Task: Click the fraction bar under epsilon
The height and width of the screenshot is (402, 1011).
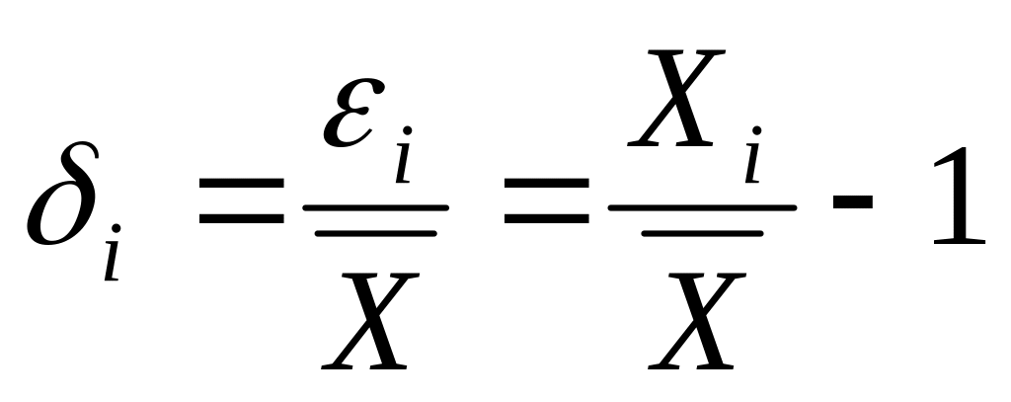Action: (375, 208)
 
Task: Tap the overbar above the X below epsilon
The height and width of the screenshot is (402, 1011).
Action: (375, 233)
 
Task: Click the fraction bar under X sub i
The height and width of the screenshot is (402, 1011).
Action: (702, 208)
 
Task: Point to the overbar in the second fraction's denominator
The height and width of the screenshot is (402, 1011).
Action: (702, 233)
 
